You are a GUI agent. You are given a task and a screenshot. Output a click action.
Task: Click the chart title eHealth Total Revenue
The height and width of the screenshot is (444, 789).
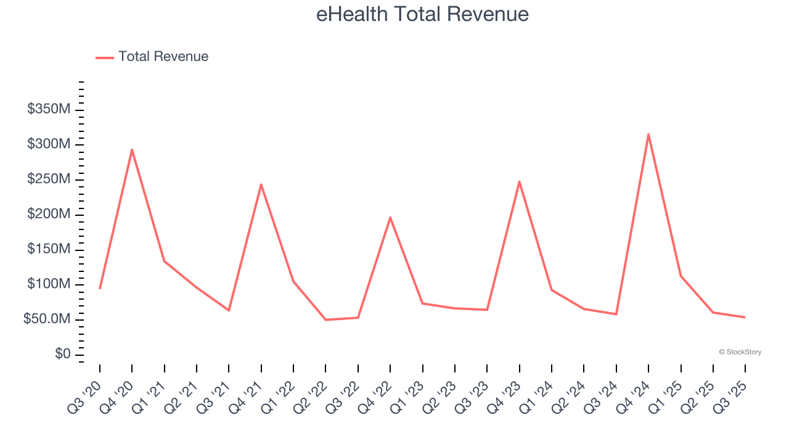pos(422,14)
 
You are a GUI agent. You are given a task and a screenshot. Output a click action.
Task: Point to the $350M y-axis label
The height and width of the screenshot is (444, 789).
pos(49,110)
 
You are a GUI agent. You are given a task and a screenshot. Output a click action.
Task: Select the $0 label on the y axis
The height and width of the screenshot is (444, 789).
pos(62,355)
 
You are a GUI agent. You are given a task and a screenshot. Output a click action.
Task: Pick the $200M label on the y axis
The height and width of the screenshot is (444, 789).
pos(49,215)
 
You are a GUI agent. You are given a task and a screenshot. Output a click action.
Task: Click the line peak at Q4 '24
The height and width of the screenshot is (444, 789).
pos(648,134)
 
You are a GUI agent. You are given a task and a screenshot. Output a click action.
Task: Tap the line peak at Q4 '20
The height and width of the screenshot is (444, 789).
pos(132,149)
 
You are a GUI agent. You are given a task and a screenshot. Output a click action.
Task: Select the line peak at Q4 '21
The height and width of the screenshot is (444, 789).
pos(261,184)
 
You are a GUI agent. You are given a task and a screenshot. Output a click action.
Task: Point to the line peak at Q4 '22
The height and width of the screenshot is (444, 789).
pos(390,217)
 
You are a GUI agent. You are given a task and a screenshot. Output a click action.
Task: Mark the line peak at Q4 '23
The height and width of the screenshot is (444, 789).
pos(520,181)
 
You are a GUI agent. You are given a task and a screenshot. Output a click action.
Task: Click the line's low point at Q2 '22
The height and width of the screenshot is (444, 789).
pos(325,319)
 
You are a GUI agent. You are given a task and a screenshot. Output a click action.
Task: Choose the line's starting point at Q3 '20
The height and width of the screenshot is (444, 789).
pos(100,289)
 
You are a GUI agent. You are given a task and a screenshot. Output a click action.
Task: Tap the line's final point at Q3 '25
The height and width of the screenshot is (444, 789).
pos(745,317)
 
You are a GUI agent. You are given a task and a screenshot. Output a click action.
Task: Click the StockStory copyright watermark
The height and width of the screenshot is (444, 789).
pos(740,352)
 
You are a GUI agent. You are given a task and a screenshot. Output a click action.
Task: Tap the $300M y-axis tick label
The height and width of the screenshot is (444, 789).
pos(49,144)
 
